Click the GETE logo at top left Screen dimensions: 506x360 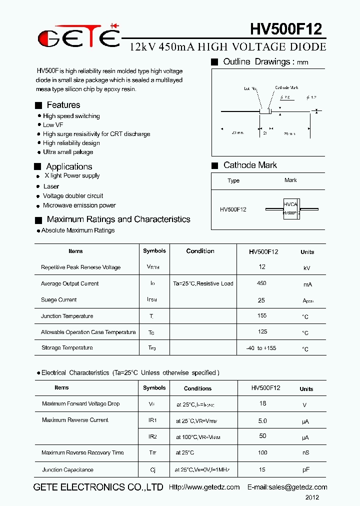click(x=79, y=36)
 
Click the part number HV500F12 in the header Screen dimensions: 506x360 click(x=285, y=29)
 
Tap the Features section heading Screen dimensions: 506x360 click(x=63, y=105)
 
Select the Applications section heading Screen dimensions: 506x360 click(x=69, y=166)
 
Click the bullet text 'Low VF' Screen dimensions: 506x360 click(x=53, y=125)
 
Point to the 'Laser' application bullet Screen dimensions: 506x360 click(x=51, y=186)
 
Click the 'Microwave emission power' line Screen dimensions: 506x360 click(x=79, y=205)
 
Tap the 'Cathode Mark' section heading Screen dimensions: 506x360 click(x=250, y=165)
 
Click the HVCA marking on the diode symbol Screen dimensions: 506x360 click(x=290, y=204)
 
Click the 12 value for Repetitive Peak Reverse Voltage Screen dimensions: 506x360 click(x=262, y=267)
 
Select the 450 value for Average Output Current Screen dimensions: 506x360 click(x=261, y=283)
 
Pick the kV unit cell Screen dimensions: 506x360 click(x=307, y=268)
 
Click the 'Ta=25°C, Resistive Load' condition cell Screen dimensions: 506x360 click(x=203, y=283)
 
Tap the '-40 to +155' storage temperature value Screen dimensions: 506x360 click(x=261, y=348)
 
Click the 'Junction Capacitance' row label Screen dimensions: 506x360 click(x=67, y=470)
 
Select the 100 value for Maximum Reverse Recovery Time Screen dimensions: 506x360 click(x=262, y=452)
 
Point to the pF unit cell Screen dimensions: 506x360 click(x=306, y=470)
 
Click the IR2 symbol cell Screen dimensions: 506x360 click(x=152, y=436)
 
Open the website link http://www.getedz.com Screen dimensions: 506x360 click(x=204, y=487)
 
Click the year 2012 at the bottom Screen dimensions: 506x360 click(x=312, y=497)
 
